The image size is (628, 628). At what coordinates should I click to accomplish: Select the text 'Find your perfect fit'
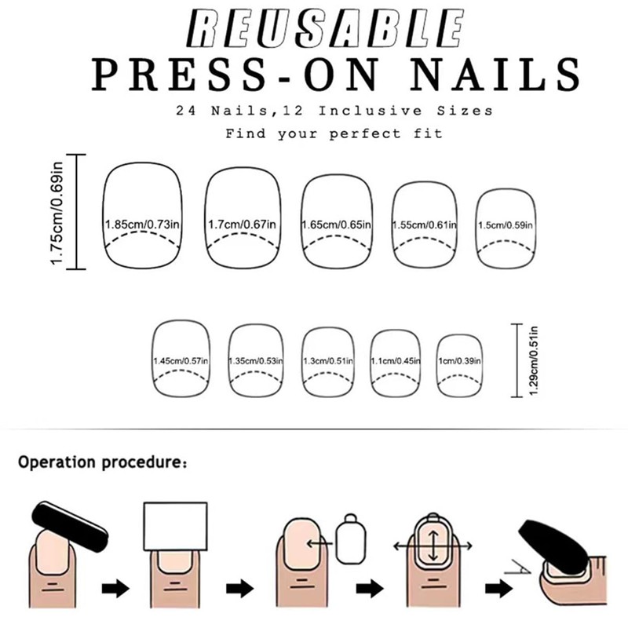[334, 133]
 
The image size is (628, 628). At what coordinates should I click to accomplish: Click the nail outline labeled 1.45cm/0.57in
[181, 357]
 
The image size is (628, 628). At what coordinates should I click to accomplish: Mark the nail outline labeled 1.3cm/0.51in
[327, 360]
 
